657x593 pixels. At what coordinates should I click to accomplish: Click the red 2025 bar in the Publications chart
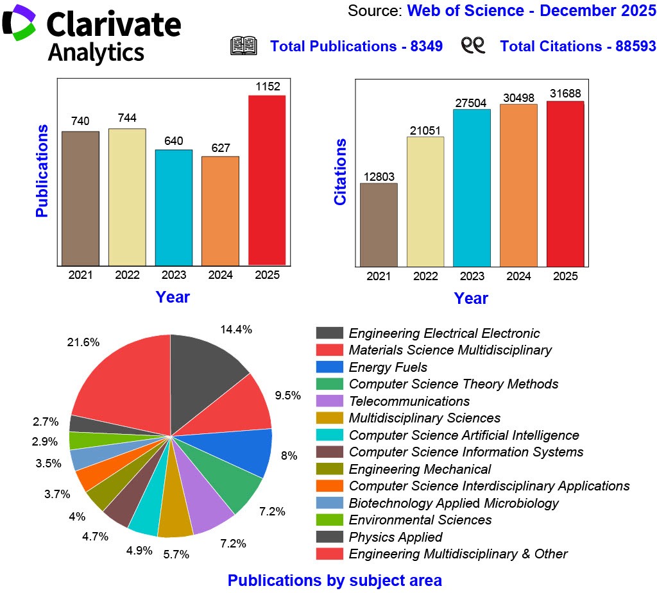tap(267, 180)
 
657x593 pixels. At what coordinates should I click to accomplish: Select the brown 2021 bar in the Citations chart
tap(379, 224)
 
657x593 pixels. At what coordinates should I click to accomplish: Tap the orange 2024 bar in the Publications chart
tap(220, 210)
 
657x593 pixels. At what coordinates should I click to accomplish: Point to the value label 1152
tap(267, 86)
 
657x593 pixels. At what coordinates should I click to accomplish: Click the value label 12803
tap(379, 176)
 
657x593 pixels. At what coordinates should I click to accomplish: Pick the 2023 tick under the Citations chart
tap(472, 276)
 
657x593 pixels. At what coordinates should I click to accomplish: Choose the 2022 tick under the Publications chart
tap(127, 276)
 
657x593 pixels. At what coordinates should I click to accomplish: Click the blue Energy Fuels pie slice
tap(250, 452)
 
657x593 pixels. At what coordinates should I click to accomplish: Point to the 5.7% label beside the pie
tap(176, 555)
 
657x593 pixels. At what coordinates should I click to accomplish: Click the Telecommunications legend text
tap(409, 401)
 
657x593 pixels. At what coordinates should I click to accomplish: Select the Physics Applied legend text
tap(395, 537)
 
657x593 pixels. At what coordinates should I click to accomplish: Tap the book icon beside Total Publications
tap(244, 46)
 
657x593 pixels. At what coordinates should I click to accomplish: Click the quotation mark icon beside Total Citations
tap(474, 46)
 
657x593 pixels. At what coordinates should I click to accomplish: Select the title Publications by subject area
tap(334, 581)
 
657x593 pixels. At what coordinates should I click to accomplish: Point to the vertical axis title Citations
tap(340, 172)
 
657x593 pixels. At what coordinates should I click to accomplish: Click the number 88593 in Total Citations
tap(631, 46)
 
